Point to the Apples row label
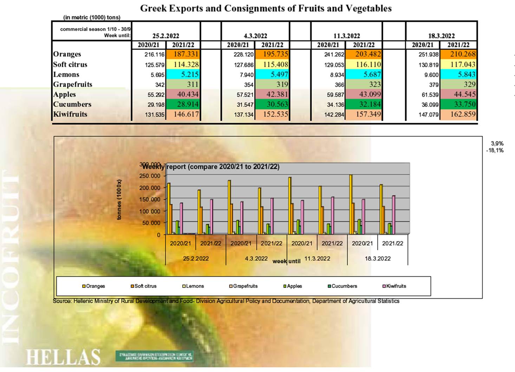pyautogui.click(x=65, y=94)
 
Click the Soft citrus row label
pyautogui.click(x=70, y=64)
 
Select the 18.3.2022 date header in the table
pyautogui.click(x=441, y=36)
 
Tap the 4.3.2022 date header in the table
pyautogui.click(x=255, y=36)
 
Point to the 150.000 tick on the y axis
pyautogui.click(x=151, y=200)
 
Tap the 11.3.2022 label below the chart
pyautogui.click(x=317, y=258)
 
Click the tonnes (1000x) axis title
pyautogui.click(x=119, y=200)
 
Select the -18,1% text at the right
pyautogui.click(x=495, y=150)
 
